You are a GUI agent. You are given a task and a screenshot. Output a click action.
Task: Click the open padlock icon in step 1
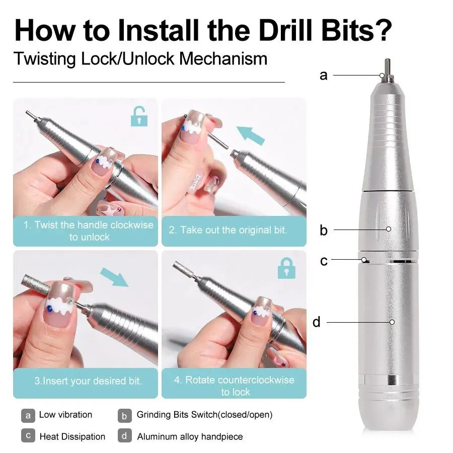(139, 117)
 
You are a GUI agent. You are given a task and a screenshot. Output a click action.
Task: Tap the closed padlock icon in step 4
(286, 268)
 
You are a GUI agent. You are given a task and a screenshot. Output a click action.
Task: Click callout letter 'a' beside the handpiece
(323, 75)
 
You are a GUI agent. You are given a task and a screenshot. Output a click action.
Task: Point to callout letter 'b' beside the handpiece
(323, 231)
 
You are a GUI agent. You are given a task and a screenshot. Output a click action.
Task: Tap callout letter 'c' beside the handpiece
(324, 261)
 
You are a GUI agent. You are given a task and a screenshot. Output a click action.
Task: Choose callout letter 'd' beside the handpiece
(316, 322)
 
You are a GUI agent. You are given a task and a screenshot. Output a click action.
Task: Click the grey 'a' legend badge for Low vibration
(28, 415)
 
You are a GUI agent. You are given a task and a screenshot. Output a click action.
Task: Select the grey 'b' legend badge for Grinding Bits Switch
(125, 415)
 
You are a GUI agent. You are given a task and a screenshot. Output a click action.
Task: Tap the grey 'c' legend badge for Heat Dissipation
(28, 436)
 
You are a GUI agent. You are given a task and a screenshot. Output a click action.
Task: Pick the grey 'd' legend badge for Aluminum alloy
(125, 436)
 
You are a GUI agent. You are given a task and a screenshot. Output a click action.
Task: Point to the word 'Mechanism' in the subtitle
(223, 59)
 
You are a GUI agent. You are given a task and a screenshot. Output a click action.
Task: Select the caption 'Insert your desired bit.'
(88, 381)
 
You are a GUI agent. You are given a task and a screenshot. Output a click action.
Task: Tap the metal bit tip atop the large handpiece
(388, 66)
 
